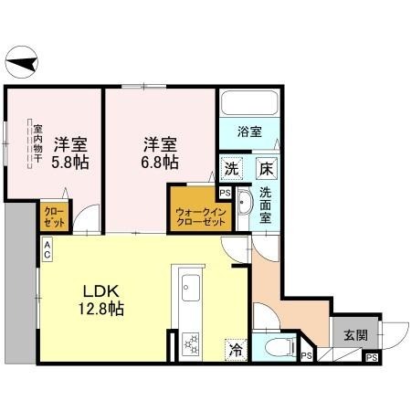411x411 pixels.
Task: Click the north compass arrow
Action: tap(23, 63)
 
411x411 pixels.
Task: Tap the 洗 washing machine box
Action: tap(232, 169)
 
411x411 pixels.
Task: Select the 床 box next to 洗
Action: tap(266, 169)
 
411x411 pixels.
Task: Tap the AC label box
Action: tap(45, 249)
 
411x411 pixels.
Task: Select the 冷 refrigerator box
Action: tap(236, 349)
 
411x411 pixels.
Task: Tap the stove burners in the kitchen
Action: tap(192, 343)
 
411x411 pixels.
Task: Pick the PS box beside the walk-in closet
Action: tap(225, 193)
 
